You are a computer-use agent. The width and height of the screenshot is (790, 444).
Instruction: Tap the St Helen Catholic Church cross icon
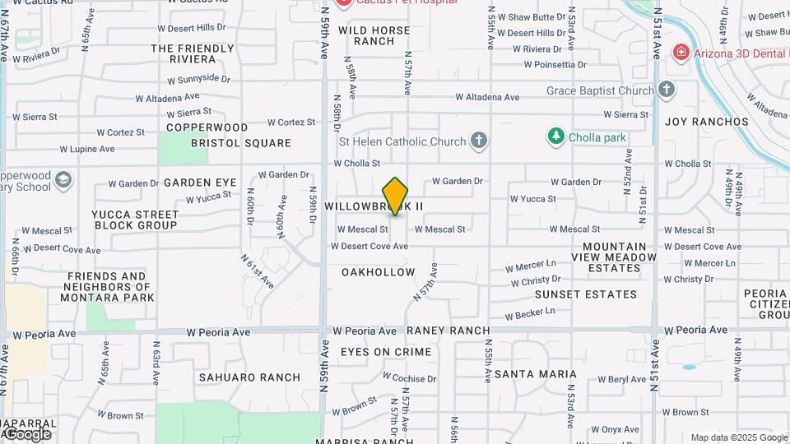click(479, 141)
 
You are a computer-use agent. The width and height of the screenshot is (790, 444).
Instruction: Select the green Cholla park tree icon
click(557, 136)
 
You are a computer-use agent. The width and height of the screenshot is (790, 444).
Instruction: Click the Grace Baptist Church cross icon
click(667, 90)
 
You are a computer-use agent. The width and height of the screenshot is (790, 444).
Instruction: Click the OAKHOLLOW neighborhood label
click(379, 271)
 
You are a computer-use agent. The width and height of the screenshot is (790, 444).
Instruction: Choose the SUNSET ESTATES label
click(586, 294)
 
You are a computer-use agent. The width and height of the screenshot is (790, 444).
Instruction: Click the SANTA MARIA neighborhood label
click(536, 374)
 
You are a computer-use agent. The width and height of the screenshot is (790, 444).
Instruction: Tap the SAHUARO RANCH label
click(249, 377)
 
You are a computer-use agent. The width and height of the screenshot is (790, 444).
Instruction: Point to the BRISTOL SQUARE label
click(241, 142)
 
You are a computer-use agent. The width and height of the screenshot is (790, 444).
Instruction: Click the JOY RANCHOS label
click(707, 122)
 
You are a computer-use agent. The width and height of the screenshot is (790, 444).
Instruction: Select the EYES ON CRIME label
click(386, 352)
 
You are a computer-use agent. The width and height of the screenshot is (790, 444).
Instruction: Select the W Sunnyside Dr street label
click(199, 79)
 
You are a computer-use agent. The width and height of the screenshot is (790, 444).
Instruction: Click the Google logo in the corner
click(26, 433)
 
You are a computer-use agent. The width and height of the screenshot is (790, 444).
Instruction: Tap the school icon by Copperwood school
click(63, 179)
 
